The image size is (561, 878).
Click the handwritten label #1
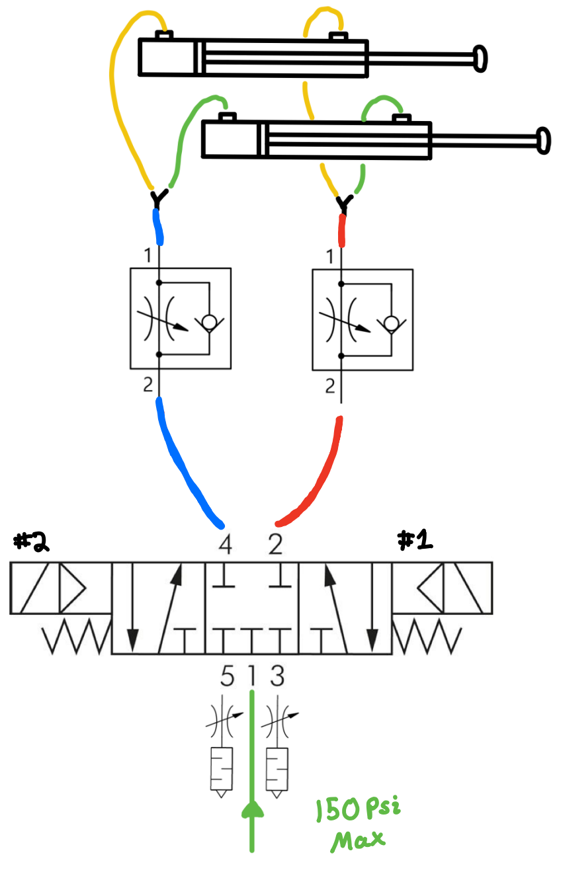pyautogui.click(x=415, y=540)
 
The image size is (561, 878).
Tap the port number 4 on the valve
pyautogui.click(x=226, y=545)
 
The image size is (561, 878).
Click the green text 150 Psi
pyautogui.click(x=358, y=810)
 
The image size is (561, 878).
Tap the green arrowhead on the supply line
pyautogui.click(x=252, y=809)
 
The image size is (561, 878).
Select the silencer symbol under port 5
pyautogui.click(x=221, y=770)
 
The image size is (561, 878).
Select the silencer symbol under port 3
pyautogui.click(x=277, y=770)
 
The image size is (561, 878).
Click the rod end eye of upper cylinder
pyautogui.click(x=480, y=58)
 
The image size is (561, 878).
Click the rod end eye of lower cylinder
pyautogui.click(x=543, y=141)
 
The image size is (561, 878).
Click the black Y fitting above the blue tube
pyautogui.click(x=157, y=198)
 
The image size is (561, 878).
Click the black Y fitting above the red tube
pyautogui.click(x=343, y=204)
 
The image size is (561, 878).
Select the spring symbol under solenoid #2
pyautogui.click(x=75, y=639)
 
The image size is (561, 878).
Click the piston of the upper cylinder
pyautogui.click(x=199, y=58)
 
